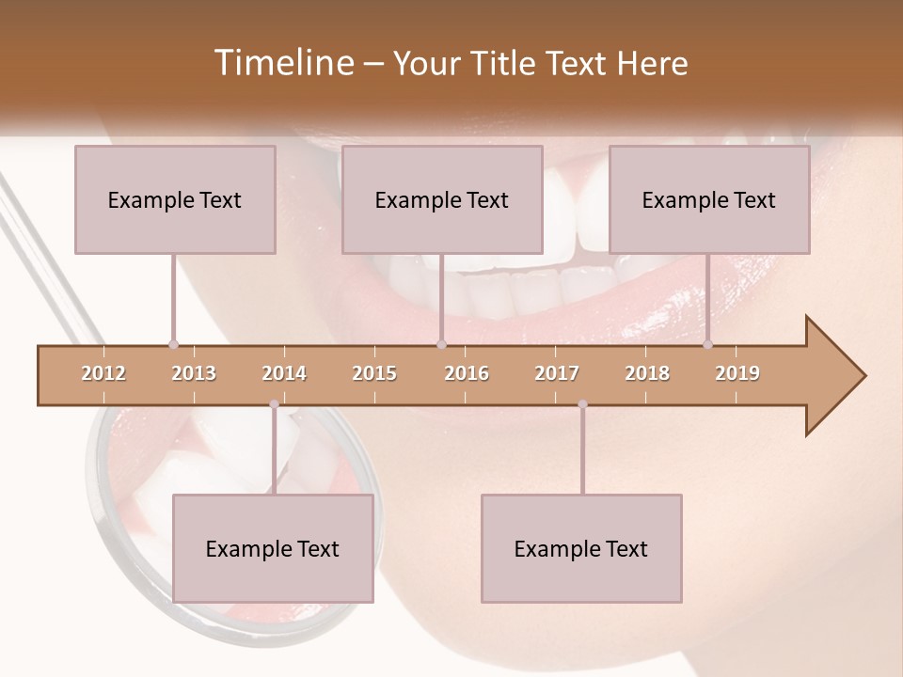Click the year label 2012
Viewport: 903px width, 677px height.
103,373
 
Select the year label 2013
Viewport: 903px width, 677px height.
194,373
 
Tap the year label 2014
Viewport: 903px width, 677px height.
284,373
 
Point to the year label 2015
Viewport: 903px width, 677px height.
374,373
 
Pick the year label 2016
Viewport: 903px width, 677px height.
467,373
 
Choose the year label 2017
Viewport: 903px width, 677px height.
557,373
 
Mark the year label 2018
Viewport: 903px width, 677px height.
647,373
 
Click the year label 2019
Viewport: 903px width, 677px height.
737,373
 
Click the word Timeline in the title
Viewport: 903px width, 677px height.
282,63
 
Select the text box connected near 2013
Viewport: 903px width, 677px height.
175,199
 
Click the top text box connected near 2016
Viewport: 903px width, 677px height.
442,199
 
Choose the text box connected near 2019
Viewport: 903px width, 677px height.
709,199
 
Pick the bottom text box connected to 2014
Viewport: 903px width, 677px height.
273,548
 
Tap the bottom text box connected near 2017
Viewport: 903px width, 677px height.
581,548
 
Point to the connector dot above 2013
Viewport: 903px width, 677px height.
173,344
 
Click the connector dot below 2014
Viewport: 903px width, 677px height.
274,404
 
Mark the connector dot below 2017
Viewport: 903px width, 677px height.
582,404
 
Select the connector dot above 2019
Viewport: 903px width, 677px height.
707,344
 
